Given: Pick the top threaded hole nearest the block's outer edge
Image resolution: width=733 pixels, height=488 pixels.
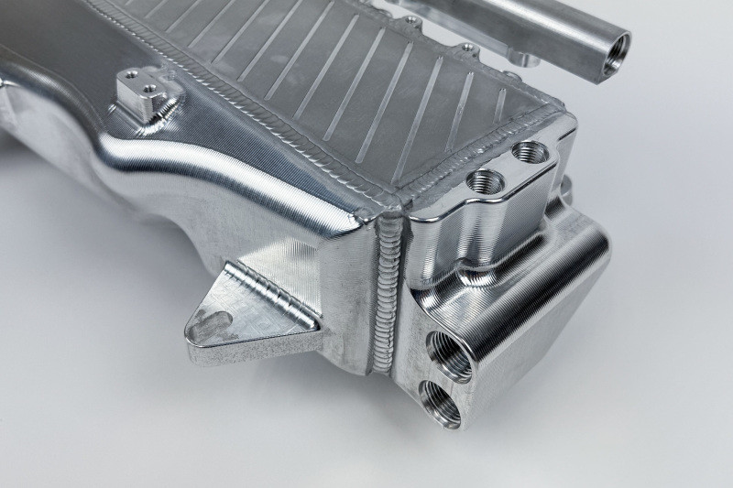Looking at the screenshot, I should (530, 150).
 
